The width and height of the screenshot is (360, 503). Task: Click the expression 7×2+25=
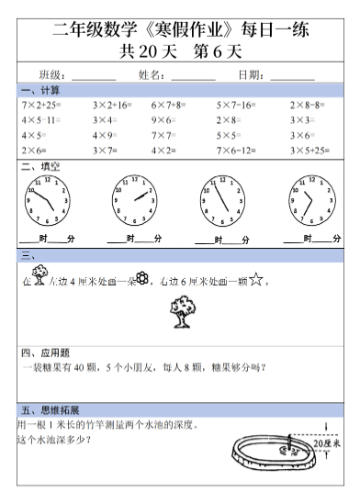tap(41, 106)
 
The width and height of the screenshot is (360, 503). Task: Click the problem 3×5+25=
tap(310, 150)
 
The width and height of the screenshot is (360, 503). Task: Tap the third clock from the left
tap(219, 199)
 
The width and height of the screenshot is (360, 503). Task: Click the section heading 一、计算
tap(41, 90)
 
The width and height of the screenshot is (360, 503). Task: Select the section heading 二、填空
tap(41, 166)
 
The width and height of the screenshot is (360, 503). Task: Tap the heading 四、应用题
tap(46, 352)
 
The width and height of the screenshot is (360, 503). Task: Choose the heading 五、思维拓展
tap(51, 409)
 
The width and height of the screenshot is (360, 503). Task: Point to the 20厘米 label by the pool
tap(327, 443)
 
